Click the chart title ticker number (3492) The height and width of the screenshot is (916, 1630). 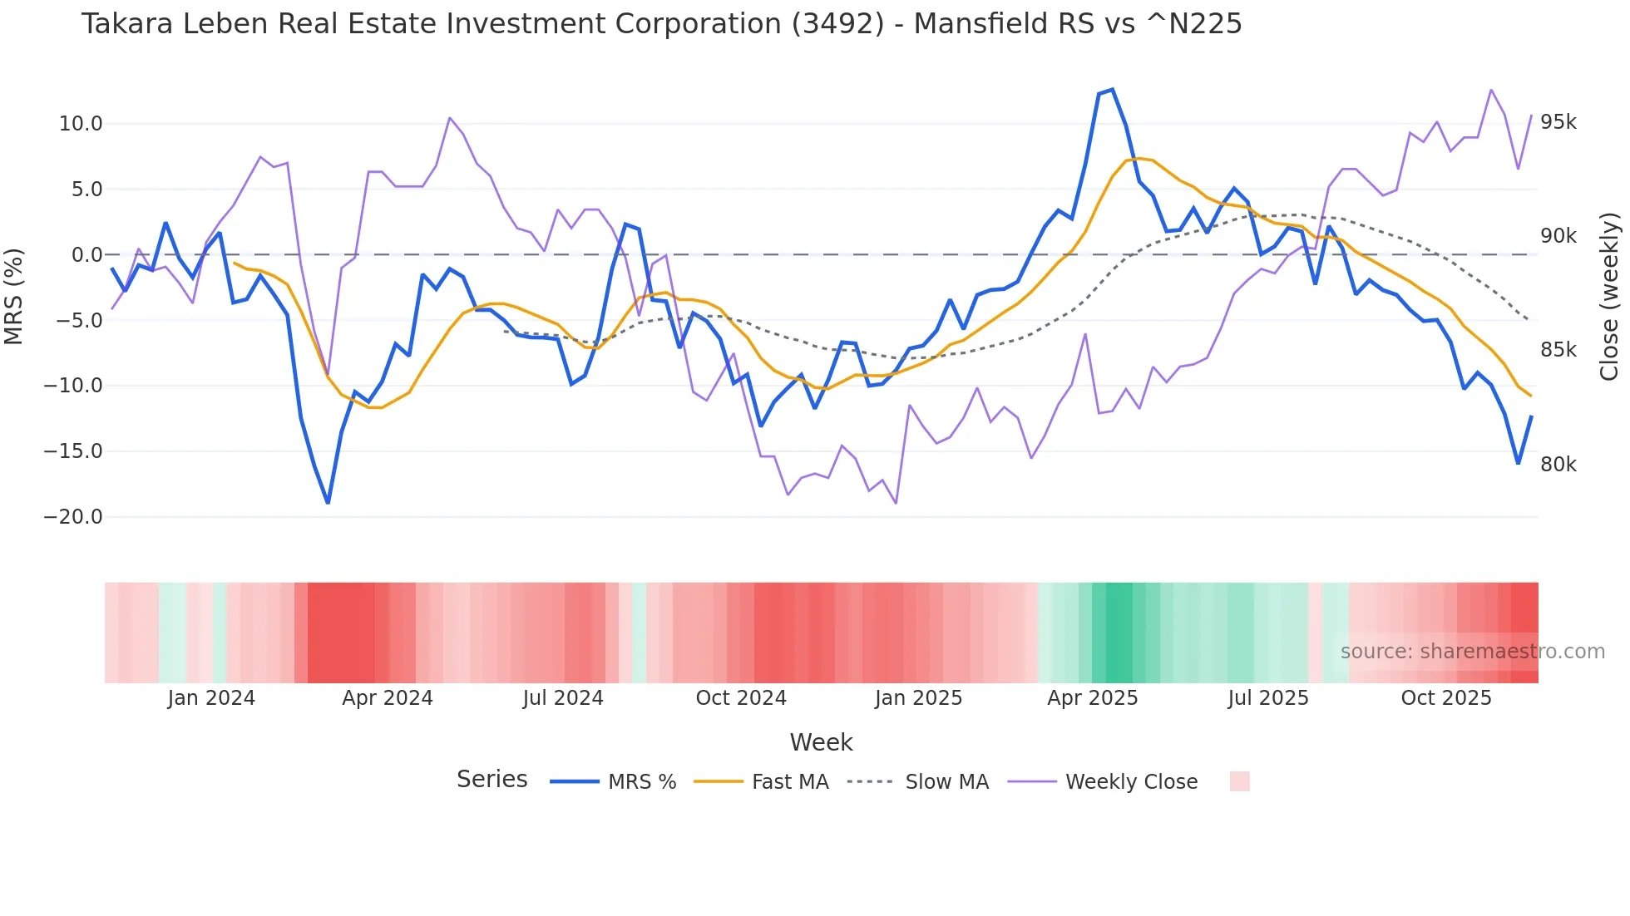(x=837, y=24)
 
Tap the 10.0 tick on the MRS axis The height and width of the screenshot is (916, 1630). (x=81, y=124)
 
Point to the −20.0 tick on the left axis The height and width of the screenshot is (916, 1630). (x=73, y=517)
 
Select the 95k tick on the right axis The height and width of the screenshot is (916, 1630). (x=1558, y=122)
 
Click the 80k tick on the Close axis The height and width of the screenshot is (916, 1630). (x=1558, y=465)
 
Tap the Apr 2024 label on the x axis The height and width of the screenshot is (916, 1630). (x=388, y=698)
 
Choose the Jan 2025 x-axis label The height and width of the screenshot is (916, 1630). (x=918, y=698)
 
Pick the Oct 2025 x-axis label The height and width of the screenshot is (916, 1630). (x=1446, y=698)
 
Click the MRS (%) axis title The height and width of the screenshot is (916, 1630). (x=14, y=296)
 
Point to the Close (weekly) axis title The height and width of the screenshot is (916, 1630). (x=1610, y=296)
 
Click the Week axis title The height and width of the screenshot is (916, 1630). (x=821, y=742)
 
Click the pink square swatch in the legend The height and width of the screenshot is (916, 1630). (x=1239, y=781)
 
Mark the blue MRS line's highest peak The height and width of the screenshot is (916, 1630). (x=1112, y=90)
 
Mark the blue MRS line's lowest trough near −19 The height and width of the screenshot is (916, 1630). (x=328, y=503)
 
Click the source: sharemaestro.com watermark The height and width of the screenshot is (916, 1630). (x=1472, y=652)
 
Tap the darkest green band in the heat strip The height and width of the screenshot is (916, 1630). (x=1119, y=633)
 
